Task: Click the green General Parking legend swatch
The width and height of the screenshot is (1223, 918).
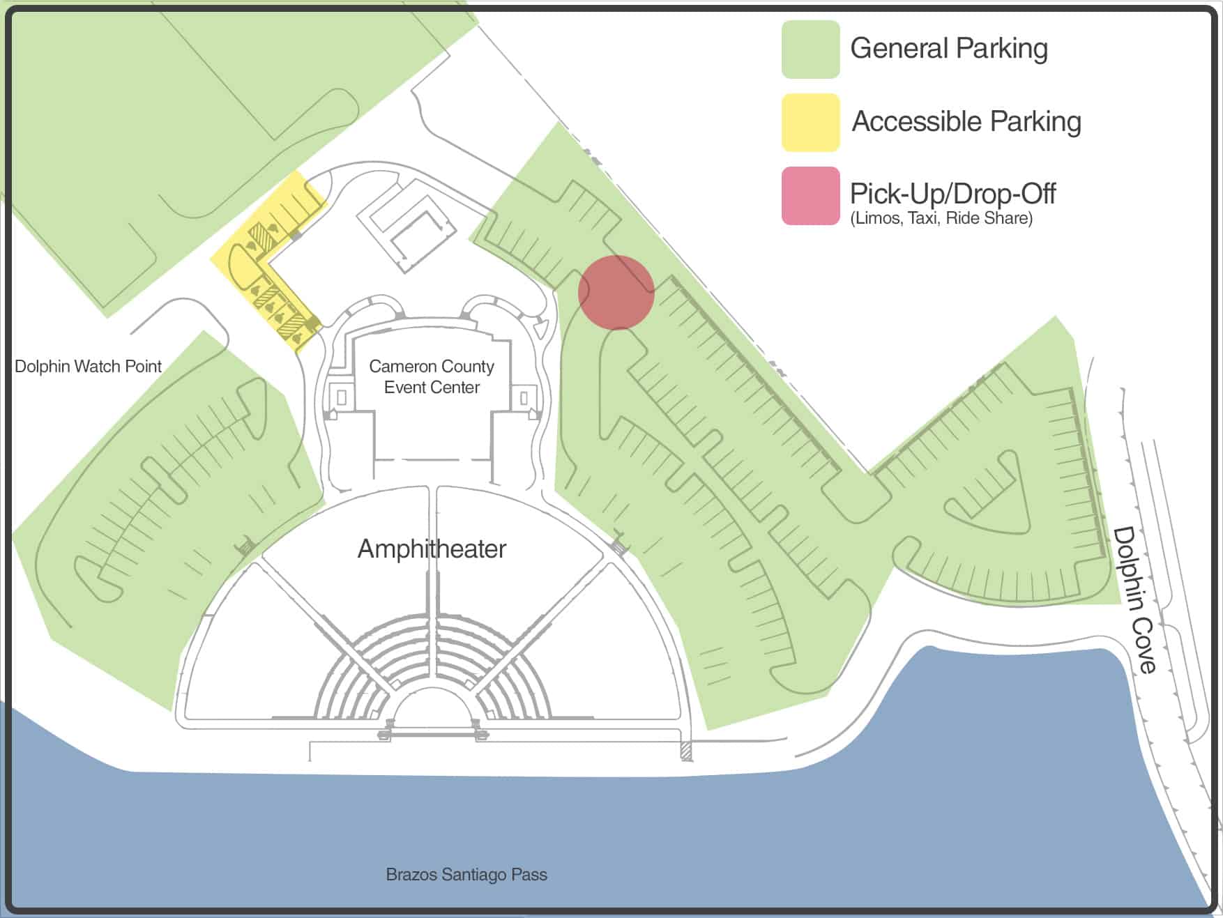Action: click(x=810, y=49)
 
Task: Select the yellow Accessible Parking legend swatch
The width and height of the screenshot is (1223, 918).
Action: click(x=810, y=122)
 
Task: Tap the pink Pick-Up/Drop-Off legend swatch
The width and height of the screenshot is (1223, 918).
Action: click(x=810, y=196)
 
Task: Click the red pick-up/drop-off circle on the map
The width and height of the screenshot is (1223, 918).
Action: click(x=616, y=292)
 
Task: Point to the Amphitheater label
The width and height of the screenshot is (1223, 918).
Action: click(x=432, y=549)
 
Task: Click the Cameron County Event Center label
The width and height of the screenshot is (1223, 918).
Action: click(x=432, y=376)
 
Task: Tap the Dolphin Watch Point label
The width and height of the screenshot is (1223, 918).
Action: click(x=88, y=367)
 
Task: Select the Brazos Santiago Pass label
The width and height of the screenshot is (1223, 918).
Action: click(x=466, y=874)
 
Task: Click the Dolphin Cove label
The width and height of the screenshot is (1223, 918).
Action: click(x=1134, y=599)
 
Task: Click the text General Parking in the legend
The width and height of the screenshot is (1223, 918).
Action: click(x=949, y=49)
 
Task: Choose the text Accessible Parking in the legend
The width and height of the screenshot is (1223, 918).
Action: click(x=966, y=122)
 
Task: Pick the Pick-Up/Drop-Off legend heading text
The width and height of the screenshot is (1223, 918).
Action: click(x=952, y=193)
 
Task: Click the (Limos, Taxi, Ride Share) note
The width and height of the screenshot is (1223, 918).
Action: click(x=941, y=218)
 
